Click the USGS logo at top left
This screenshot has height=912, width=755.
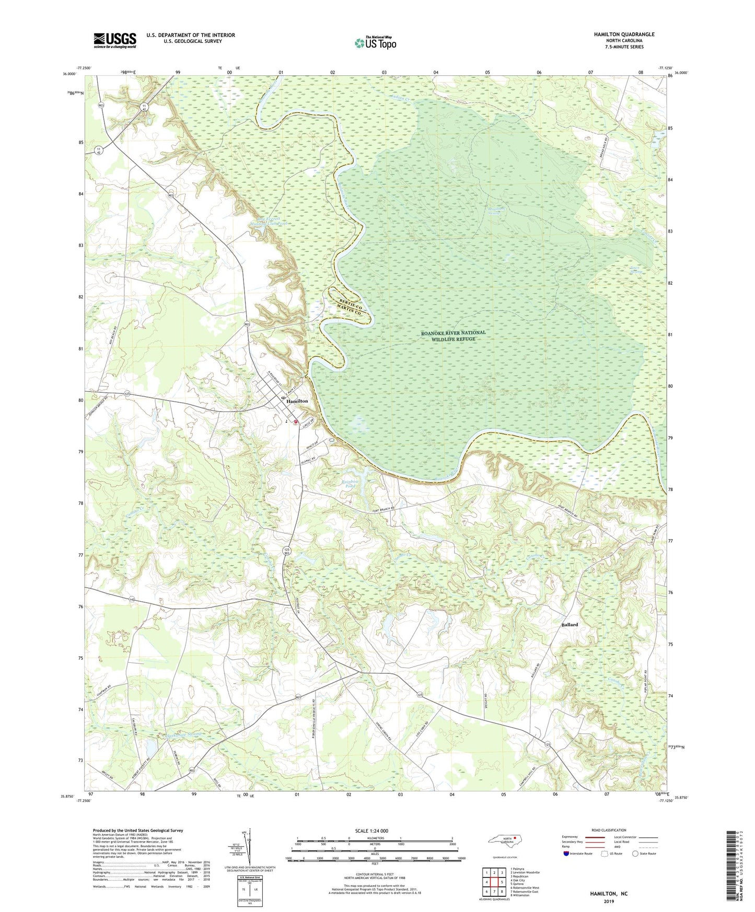click(115, 40)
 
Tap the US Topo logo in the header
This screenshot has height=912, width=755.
click(374, 43)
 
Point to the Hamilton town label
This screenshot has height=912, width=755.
click(297, 401)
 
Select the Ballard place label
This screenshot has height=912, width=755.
click(570, 625)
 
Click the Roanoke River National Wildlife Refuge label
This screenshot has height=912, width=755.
click(453, 335)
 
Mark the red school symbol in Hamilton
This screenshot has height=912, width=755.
click(295, 422)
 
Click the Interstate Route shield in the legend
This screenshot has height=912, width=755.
click(566, 854)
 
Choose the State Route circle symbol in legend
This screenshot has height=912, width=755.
click(635, 854)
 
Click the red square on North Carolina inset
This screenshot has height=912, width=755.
click(515, 840)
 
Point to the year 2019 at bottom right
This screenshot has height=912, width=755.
click(609, 901)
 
